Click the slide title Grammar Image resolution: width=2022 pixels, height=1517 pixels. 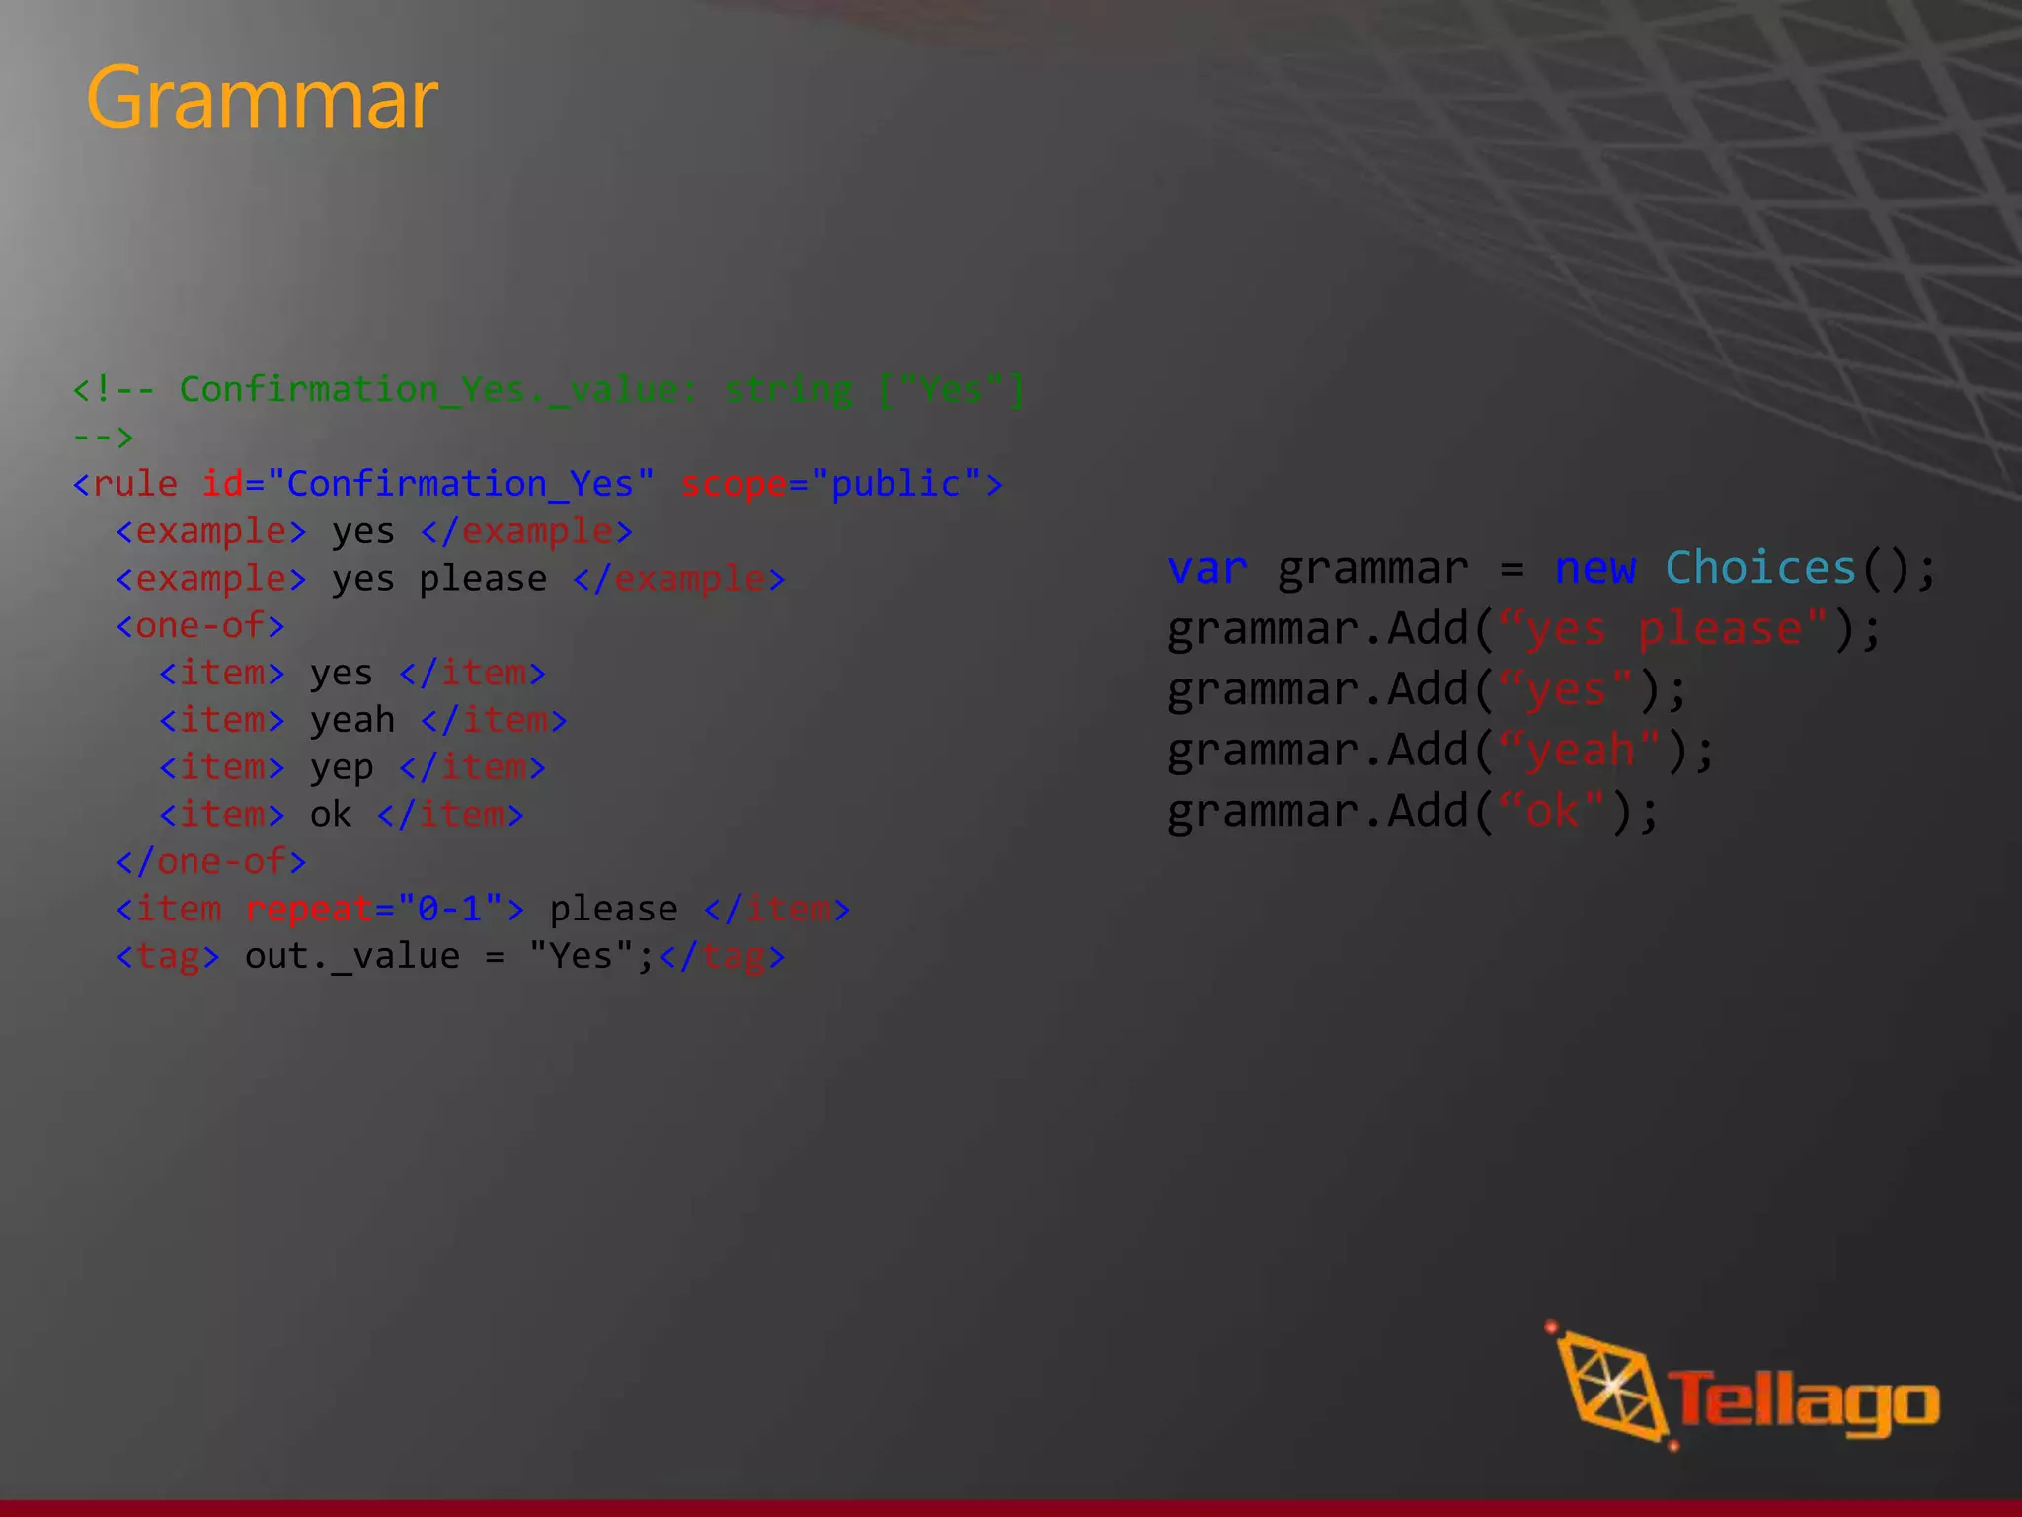[x=262, y=99]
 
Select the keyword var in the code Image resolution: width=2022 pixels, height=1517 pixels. [x=1206, y=569]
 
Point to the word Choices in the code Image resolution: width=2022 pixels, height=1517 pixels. [x=1760, y=569]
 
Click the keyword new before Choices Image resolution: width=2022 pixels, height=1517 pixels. [x=1594, y=569]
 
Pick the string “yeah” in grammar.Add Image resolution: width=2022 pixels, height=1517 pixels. [x=1580, y=751]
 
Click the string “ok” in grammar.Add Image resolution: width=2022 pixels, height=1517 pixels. [x=1551, y=812]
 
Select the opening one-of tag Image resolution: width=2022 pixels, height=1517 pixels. [x=200, y=626]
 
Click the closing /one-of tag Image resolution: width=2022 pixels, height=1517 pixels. [x=211, y=862]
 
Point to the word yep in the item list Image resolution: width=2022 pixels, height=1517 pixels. [x=342, y=768]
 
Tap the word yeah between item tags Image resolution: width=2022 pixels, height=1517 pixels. [x=352, y=721]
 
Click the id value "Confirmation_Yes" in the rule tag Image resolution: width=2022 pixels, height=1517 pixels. [x=460, y=485]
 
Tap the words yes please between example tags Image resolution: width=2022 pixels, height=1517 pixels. [x=439, y=579]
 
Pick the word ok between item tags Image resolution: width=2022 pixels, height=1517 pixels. [x=331, y=815]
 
